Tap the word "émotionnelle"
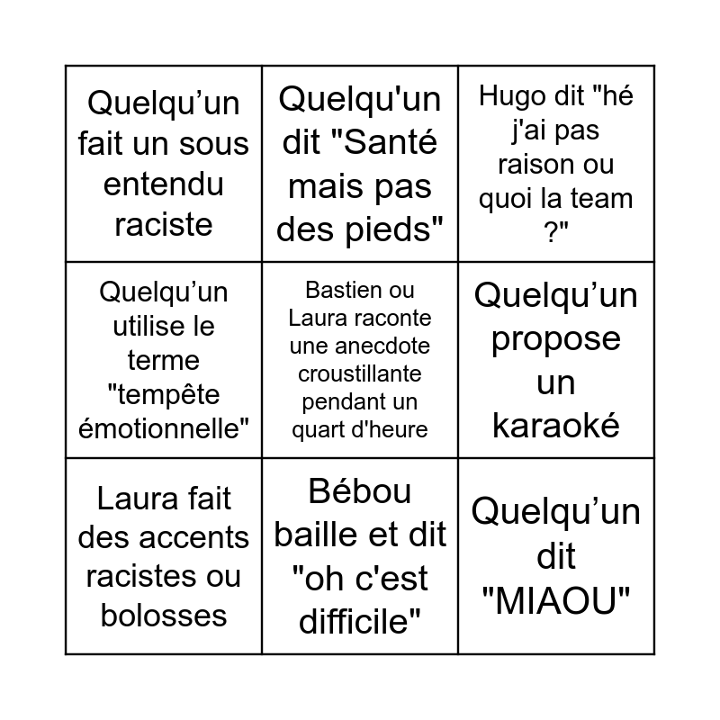(x=164, y=428)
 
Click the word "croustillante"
(x=359, y=373)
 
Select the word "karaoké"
(x=555, y=424)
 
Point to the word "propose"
(x=555, y=338)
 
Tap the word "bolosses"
(x=163, y=615)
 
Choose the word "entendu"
(x=163, y=184)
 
